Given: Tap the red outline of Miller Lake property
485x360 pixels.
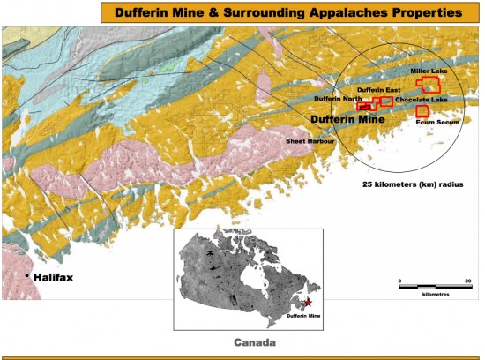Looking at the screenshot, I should (429, 84).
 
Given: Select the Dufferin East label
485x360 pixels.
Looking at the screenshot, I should (378, 91).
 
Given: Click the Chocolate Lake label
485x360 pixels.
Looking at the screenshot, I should (422, 100).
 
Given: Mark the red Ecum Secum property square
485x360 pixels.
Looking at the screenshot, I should (422, 111).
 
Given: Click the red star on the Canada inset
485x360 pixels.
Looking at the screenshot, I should (308, 303).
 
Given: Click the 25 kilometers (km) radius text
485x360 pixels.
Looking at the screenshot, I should (413, 185).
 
